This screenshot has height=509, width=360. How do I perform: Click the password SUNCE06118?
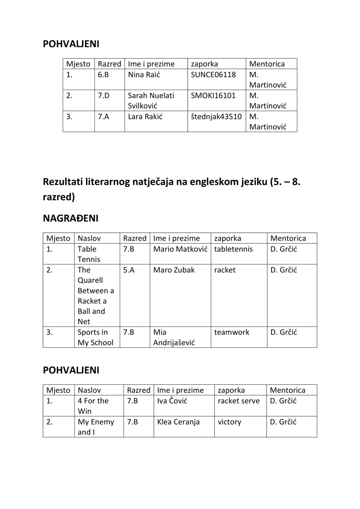213,75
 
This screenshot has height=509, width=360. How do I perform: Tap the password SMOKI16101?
213,95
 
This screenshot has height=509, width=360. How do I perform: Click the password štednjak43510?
216,117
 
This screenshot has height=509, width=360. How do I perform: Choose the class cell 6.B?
103,75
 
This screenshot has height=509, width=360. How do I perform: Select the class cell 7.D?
104,95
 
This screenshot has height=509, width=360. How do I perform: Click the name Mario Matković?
180,249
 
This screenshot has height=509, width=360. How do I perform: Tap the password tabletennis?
233,249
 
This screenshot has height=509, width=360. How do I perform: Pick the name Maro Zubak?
174,270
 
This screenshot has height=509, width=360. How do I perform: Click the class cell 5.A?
129,270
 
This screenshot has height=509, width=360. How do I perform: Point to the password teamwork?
232,332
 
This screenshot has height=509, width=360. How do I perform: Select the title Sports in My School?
95,337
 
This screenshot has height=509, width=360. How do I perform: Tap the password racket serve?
239,401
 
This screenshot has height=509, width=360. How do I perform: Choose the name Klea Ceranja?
178,422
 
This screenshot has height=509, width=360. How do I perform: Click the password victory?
229,422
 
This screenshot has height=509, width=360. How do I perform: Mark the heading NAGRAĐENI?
71,218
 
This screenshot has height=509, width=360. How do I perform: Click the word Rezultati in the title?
65,182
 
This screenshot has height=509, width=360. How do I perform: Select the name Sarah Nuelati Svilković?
151,100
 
